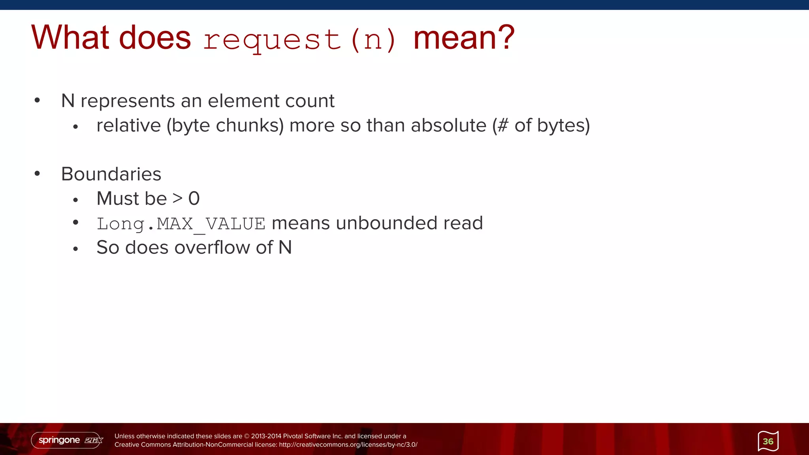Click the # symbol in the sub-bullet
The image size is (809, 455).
pyautogui.click(x=503, y=126)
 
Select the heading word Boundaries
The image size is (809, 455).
pyautogui.click(x=111, y=174)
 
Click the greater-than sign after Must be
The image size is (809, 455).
pyautogui.click(x=178, y=198)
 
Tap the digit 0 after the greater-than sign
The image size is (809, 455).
pyautogui.click(x=194, y=198)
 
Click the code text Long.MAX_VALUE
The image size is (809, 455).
pyautogui.click(x=181, y=224)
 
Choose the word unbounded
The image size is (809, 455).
pyautogui.click(x=387, y=223)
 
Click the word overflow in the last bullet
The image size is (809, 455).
pyautogui.click(x=212, y=248)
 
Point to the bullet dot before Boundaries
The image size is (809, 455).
pyautogui.click(x=37, y=173)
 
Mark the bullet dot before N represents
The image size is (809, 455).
pyautogui.click(x=37, y=100)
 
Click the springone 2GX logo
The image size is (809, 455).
pyautogui.click(x=68, y=440)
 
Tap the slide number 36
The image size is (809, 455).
pyautogui.click(x=768, y=441)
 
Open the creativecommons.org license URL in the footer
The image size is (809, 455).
pyautogui.click(x=348, y=445)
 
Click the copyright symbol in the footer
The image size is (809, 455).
pyautogui.click(x=247, y=436)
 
